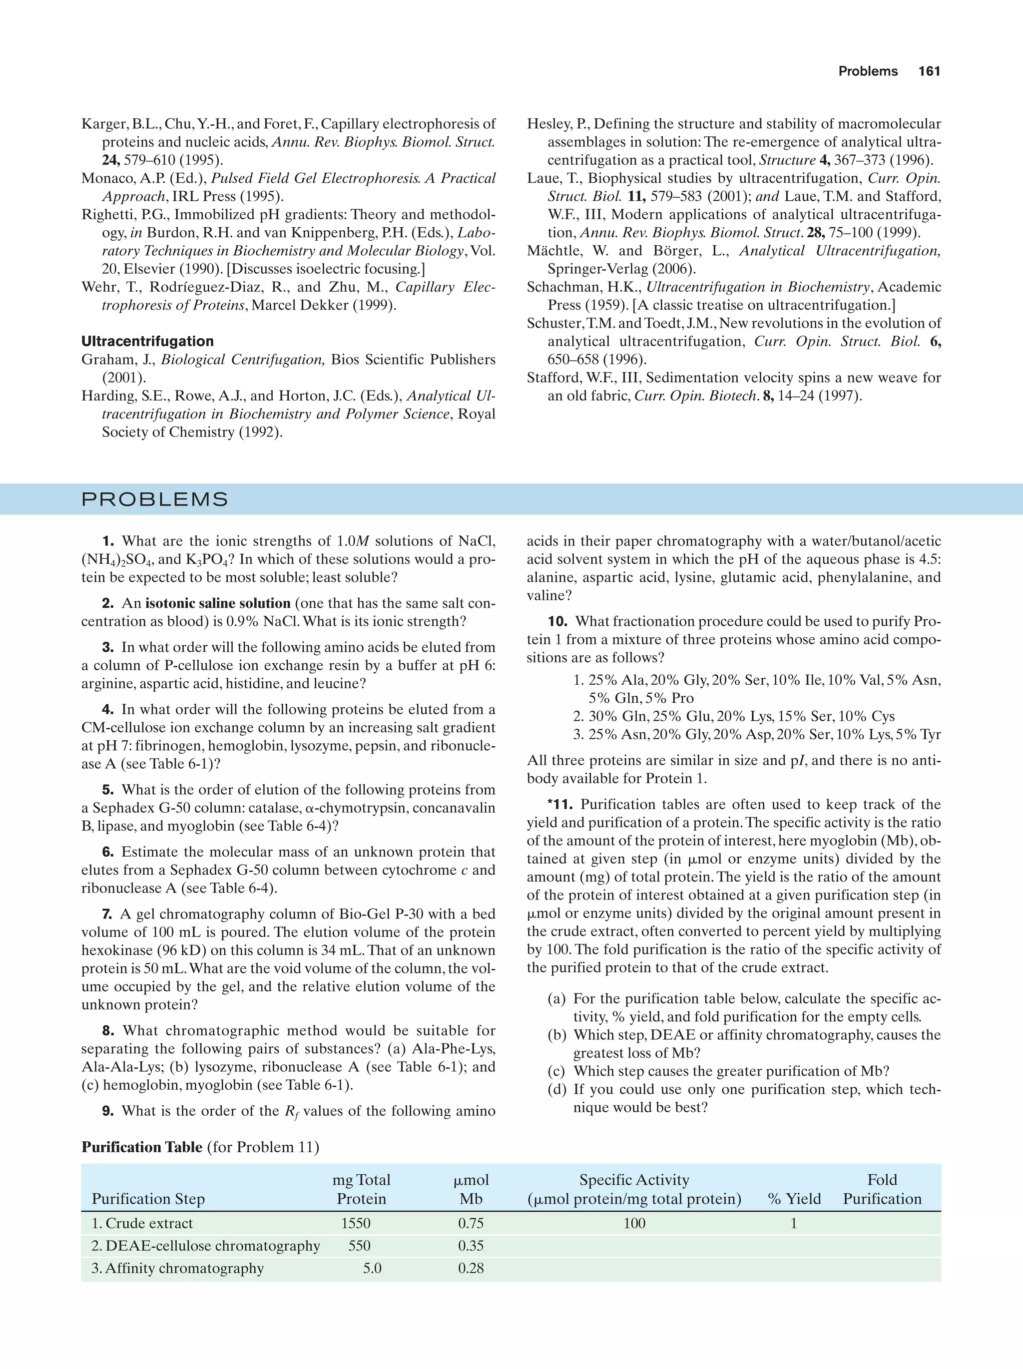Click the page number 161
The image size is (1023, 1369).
click(929, 71)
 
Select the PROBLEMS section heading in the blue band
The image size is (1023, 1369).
click(155, 499)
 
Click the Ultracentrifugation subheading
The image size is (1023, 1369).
click(147, 341)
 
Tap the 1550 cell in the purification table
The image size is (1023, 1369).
click(356, 1224)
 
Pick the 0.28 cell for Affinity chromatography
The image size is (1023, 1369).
click(471, 1268)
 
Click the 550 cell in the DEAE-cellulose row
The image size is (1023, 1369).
click(359, 1246)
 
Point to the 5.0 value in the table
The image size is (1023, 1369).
click(372, 1268)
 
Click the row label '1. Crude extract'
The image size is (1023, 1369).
click(142, 1224)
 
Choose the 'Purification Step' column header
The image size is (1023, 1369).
click(148, 1199)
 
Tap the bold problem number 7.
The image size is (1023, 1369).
click(108, 914)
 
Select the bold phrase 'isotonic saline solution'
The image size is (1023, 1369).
click(218, 603)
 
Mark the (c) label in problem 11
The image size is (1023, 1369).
click(557, 1071)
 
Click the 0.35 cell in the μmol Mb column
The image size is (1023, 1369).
click(471, 1246)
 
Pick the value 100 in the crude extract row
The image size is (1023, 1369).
click(634, 1224)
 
